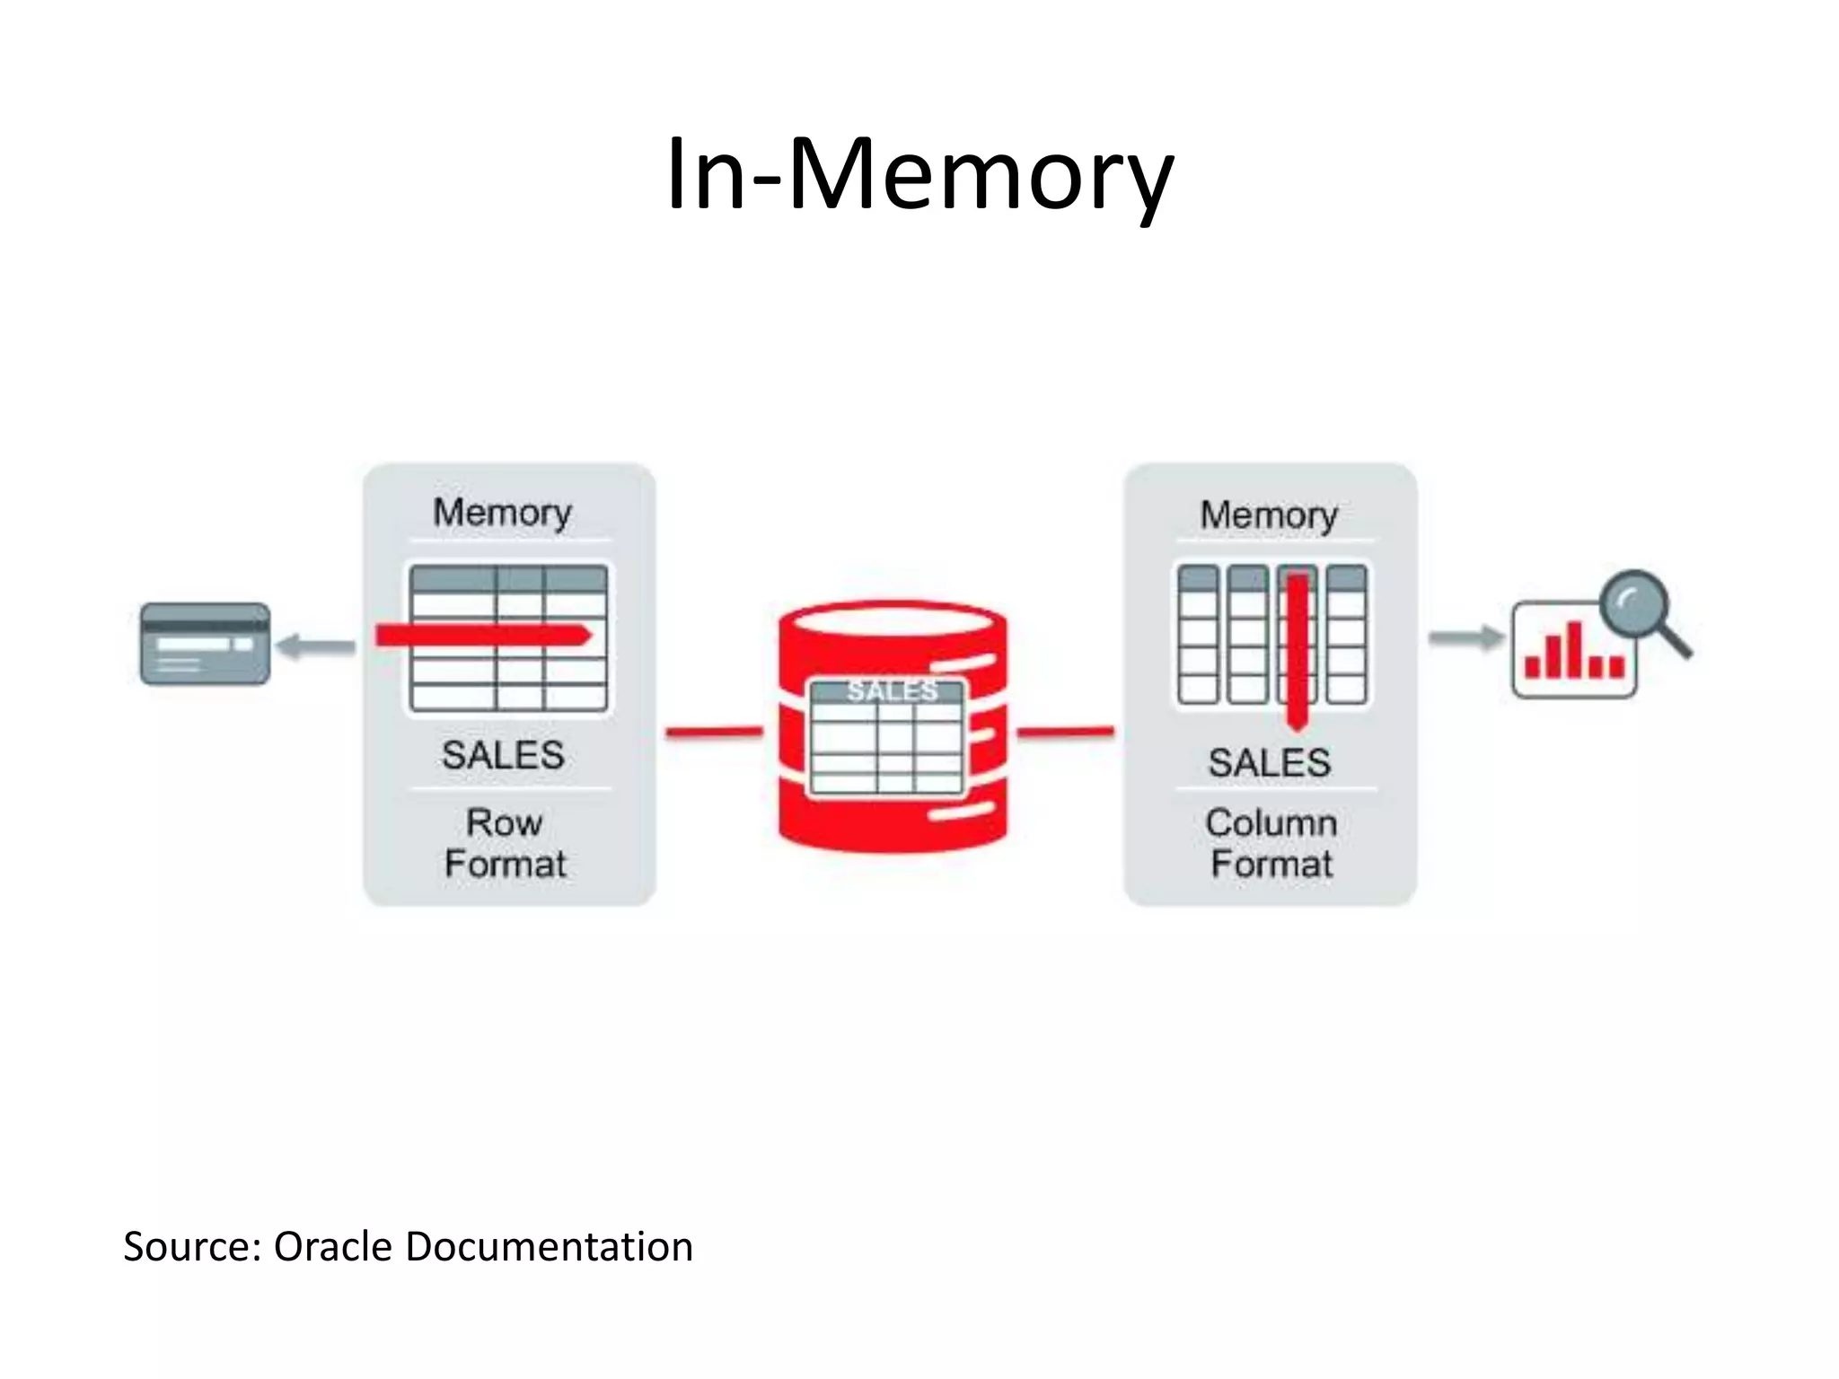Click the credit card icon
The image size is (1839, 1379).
pos(205,644)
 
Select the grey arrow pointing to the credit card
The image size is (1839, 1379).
pos(315,646)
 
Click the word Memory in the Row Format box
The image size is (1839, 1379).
pos(502,513)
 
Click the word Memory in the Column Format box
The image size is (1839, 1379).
pos(1269,515)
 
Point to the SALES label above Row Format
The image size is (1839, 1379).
pos(503,755)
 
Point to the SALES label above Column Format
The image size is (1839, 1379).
pos(1269,763)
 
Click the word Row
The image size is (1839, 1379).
pos(504,822)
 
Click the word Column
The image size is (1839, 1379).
pos(1271,822)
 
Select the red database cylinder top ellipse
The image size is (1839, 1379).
pos(892,621)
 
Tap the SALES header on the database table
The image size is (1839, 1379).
pos(892,691)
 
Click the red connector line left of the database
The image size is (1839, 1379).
pos(714,733)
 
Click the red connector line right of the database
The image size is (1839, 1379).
pos(1065,733)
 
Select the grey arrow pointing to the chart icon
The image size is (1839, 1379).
pos(1465,638)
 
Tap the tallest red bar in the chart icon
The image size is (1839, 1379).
pos(1573,648)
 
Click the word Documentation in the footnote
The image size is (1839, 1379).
pos(549,1247)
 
